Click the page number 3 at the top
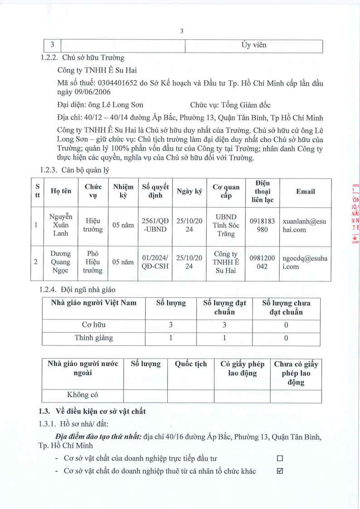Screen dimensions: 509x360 pyautogui.click(x=181, y=31)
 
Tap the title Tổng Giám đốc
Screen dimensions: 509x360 pyautogui.click(x=246, y=105)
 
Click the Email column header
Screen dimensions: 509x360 pyautogui.click(x=305, y=192)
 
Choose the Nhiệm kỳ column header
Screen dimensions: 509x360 pyautogui.click(x=123, y=192)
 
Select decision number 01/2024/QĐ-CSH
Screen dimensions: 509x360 pyautogui.click(x=155, y=262)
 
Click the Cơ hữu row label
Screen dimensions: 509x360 pyautogui.click(x=93, y=325)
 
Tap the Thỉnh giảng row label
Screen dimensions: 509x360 pyautogui.click(x=93, y=338)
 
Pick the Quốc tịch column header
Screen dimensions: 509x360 pyautogui.click(x=191, y=364)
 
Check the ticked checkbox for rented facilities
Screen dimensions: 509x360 pyautogui.click(x=280, y=471)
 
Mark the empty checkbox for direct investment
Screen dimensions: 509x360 pyautogui.click(x=280, y=458)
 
